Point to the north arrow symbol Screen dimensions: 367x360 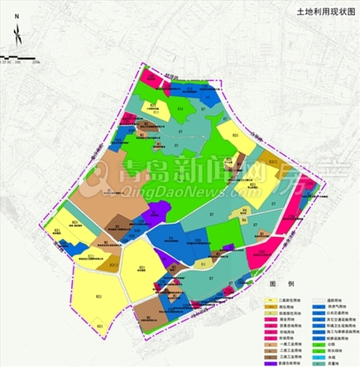pos(17,35)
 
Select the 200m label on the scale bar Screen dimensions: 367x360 pos(36,62)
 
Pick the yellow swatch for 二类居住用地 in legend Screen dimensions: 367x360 pos(270,301)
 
